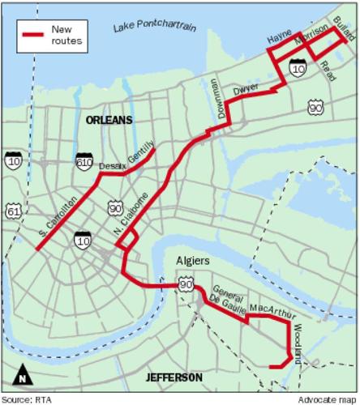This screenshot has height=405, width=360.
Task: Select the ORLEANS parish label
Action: pyautogui.click(x=110, y=120)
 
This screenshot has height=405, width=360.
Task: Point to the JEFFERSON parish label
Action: pyautogui.click(x=174, y=377)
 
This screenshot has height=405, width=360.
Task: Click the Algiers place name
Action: pyautogui.click(x=192, y=261)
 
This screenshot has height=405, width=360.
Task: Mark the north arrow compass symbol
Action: pyautogui.click(x=24, y=376)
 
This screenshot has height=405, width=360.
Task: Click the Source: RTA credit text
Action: pyautogui.click(x=27, y=399)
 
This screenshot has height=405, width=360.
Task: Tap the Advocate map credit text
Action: pyautogui.click(x=328, y=399)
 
